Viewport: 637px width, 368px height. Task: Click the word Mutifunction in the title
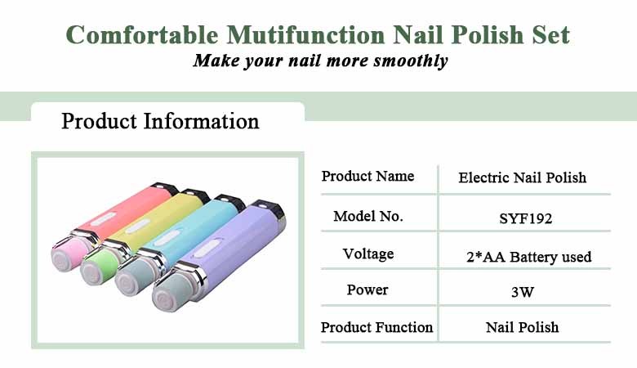305,34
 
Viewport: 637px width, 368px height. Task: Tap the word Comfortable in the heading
142,34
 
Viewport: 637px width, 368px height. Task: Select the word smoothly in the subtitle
410,61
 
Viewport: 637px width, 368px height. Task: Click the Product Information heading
160,121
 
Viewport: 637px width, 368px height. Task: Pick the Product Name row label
367,176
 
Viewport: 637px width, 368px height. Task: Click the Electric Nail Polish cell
522,177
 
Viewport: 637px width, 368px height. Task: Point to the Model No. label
368,217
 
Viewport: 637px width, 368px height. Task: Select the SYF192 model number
525,219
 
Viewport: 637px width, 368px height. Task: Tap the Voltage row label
368,254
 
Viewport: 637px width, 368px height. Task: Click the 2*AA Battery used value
528,257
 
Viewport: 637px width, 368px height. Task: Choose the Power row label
367,290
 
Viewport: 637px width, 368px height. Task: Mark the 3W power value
523,292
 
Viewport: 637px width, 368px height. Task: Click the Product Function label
376,327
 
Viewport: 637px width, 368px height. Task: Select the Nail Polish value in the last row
522,327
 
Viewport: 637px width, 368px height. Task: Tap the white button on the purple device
207,248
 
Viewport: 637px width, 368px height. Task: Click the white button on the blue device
167,237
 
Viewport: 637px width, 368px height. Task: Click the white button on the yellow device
138,226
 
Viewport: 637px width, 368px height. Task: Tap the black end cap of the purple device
268,208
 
